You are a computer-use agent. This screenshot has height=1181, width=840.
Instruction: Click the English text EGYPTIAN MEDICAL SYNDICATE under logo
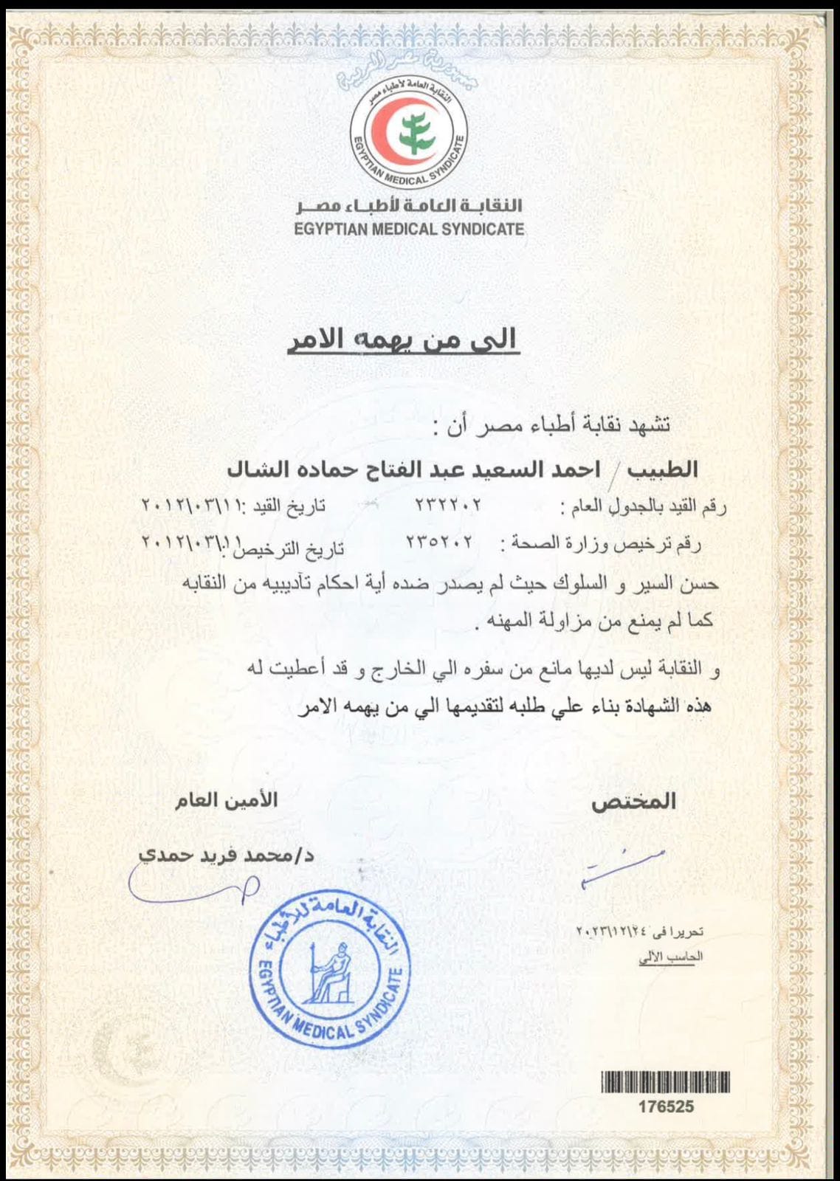click(x=409, y=229)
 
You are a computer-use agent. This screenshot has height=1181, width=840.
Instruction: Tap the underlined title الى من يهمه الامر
click(x=402, y=339)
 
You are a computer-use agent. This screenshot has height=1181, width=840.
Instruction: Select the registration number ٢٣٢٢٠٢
click(x=448, y=506)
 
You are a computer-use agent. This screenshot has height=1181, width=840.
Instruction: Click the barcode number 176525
click(x=666, y=1106)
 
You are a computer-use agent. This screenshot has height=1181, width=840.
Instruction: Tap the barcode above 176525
click(x=666, y=1082)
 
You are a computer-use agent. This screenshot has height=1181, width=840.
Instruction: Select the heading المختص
click(x=633, y=802)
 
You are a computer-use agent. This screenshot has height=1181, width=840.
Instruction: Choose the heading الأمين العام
click(x=226, y=800)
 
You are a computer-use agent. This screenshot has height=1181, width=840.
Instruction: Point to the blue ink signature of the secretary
click(x=192, y=883)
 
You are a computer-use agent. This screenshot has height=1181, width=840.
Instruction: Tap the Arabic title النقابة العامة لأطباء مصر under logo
click(x=408, y=206)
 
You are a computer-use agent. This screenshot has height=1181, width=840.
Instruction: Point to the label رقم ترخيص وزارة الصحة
click(x=602, y=545)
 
